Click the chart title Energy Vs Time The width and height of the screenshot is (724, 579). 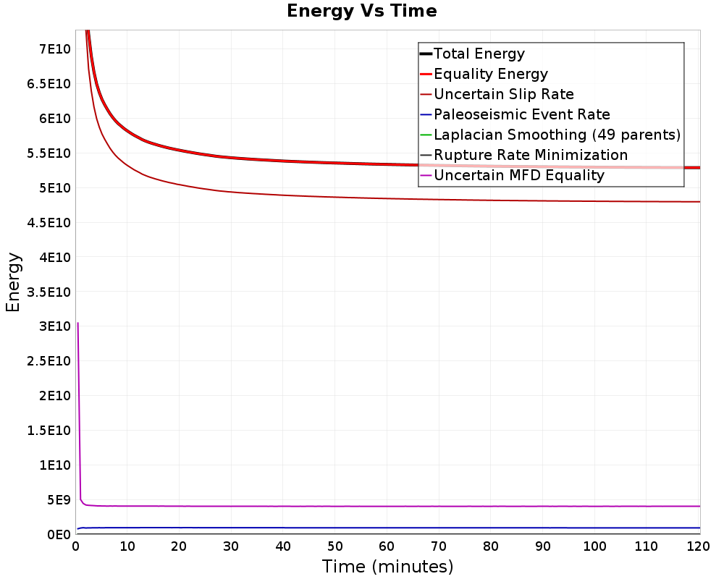click(x=361, y=11)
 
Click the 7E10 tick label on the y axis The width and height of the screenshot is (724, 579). click(x=54, y=49)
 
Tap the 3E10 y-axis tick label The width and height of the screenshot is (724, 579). click(x=54, y=326)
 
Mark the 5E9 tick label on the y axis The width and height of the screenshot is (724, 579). click(x=58, y=500)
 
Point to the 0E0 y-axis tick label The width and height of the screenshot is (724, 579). click(x=59, y=535)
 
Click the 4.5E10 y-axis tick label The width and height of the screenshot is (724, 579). click(x=49, y=222)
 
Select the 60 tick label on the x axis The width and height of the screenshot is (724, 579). click(x=387, y=546)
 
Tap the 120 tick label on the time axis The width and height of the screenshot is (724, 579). click(x=698, y=546)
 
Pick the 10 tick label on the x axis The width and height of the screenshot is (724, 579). click(x=127, y=546)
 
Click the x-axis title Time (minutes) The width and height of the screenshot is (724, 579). click(x=387, y=567)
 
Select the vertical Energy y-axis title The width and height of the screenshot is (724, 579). click(x=13, y=282)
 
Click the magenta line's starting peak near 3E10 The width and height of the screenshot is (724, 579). click(x=78, y=324)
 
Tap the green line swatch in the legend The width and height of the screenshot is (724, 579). click(x=426, y=135)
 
